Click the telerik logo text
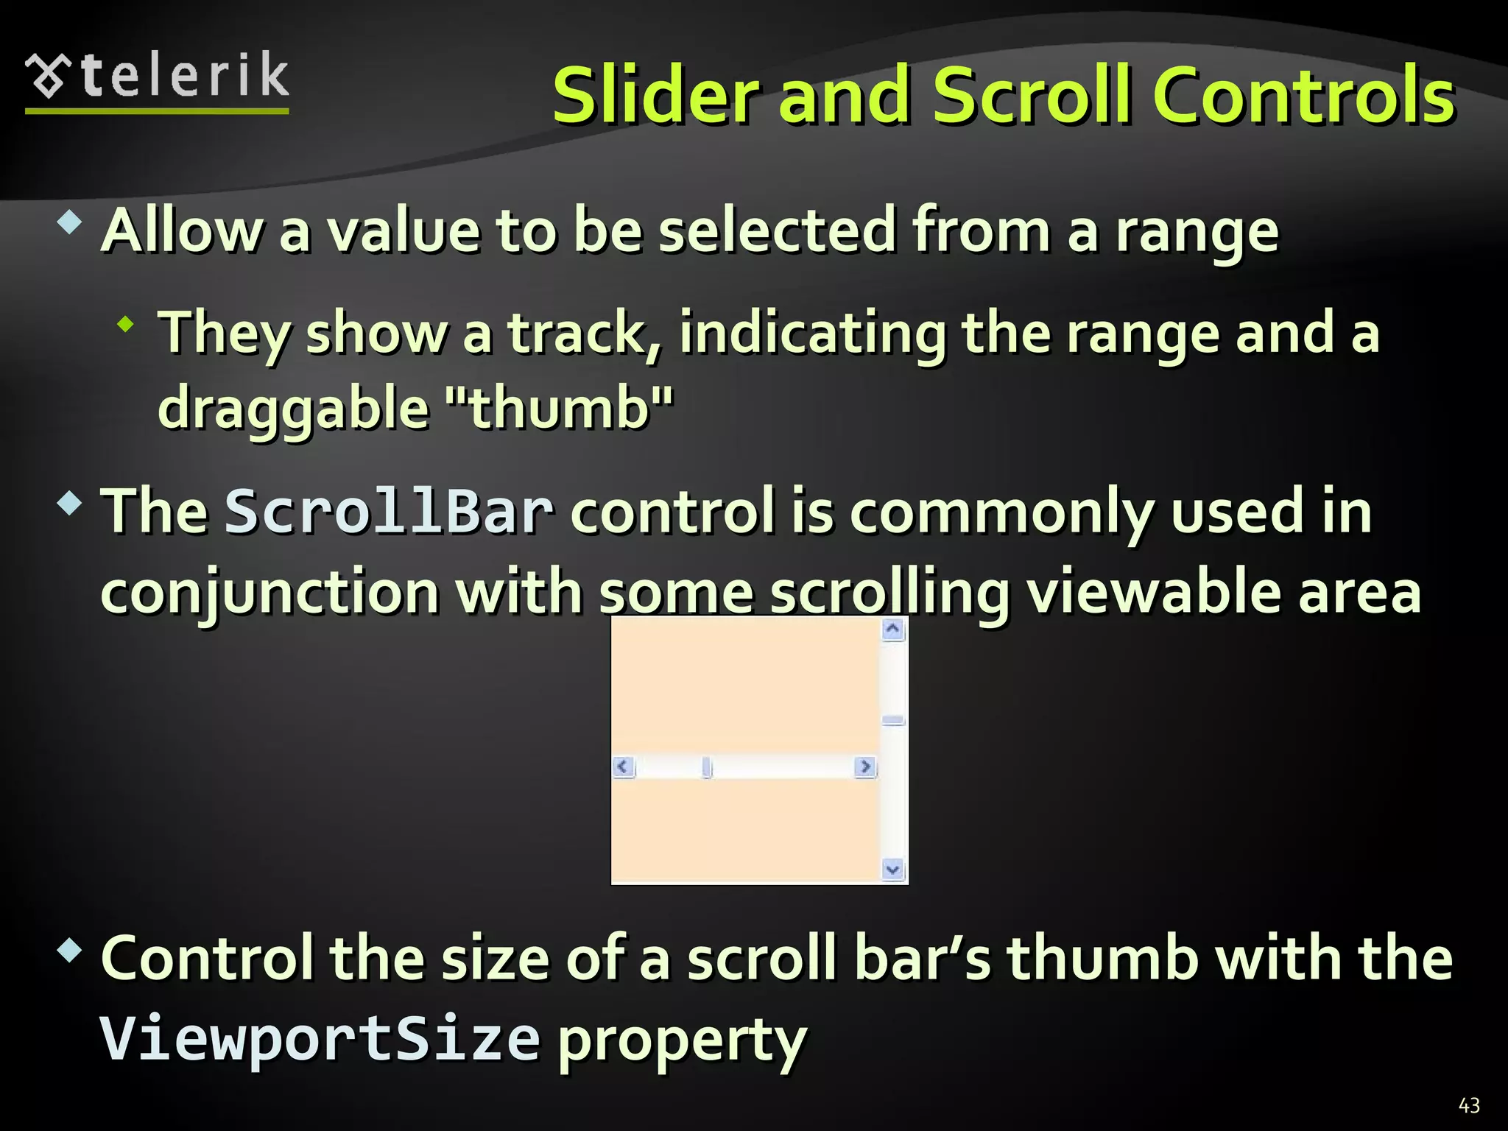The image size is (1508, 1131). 184,77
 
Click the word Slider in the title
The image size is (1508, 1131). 656,96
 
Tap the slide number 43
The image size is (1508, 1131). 1469,1105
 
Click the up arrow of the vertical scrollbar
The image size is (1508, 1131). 893,630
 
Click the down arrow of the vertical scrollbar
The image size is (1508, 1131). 893,870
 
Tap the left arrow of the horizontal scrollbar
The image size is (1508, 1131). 624,767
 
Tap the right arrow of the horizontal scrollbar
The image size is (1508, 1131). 865,767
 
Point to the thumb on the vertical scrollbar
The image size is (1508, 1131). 893,720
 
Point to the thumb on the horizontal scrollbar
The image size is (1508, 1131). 707,767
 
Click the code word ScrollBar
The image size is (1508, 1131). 388,512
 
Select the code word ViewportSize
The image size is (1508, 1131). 320,1038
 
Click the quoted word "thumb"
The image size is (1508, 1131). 560,409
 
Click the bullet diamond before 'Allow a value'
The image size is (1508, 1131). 69,222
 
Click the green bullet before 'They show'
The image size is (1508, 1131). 126,323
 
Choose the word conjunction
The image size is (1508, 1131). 269,593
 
